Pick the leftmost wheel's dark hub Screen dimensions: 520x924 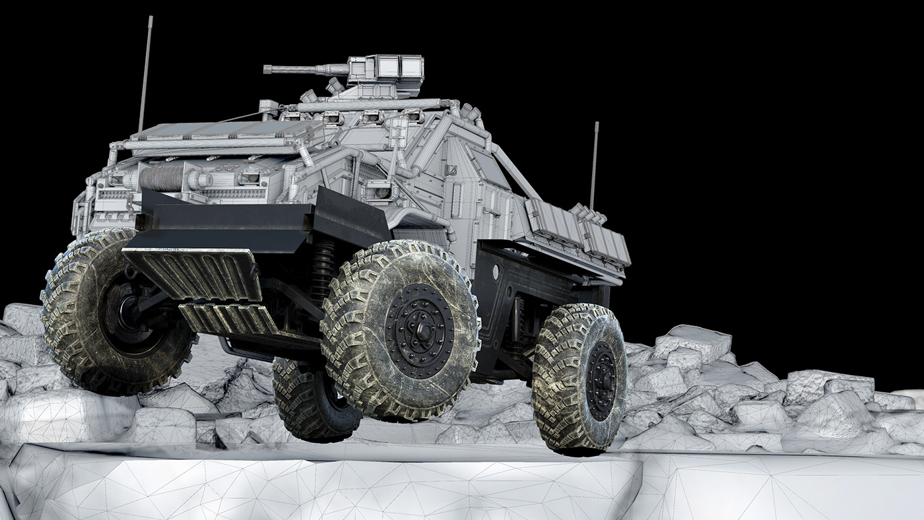[125, 310]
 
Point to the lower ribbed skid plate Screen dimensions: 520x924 [228, 319]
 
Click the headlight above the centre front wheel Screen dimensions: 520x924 [378, 192]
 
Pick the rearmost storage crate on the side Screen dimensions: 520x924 [606, 244]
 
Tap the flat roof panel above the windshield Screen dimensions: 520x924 [211, 131]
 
